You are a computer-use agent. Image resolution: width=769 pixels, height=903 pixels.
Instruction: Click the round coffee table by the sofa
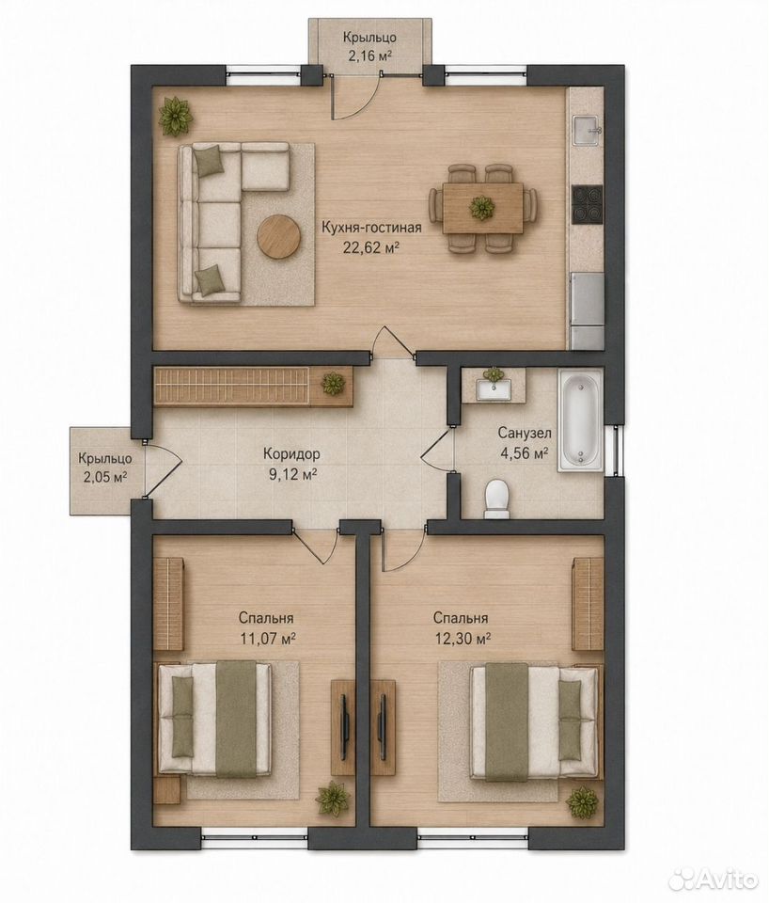(x=279, y=236)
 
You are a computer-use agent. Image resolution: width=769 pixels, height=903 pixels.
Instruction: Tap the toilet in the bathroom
(x=497, y=499)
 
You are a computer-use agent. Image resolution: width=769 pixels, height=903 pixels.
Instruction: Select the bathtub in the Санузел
(x=580, y=421)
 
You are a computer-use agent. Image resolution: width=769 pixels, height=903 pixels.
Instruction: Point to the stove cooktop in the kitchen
(x=588, y=206)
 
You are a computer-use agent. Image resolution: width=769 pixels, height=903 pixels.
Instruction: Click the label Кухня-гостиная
(x=371, y=228)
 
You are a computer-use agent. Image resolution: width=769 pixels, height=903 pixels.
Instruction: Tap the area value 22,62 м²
(x=371, y=247)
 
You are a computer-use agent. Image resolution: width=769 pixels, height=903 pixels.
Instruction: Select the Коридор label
(x=291, y=453)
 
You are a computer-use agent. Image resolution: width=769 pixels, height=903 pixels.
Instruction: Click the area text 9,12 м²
(x=291, y=474)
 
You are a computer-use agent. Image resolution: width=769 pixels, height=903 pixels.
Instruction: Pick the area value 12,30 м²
(x=462, y=638)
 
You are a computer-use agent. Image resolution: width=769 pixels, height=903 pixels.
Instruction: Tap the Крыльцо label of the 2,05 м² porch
(x=106, y=459)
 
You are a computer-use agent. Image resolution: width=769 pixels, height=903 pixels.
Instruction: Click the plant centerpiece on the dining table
(x=481, y=207)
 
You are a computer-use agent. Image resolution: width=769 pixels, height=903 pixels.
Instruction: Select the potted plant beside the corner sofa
(x=176, y=117)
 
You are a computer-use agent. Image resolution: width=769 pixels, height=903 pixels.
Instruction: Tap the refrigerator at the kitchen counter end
(x=587, y=311)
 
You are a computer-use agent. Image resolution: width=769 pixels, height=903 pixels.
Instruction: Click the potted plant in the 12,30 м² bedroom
(x=582, y=800)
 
